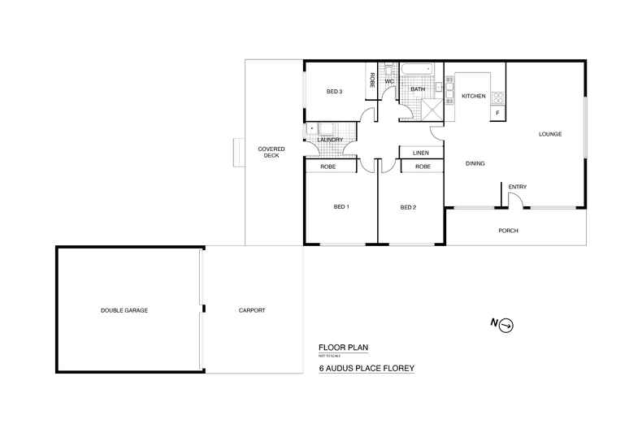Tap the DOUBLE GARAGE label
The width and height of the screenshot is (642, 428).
[124, 310]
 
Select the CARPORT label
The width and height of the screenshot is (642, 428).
[252, 310]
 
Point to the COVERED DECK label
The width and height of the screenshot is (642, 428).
[269, 152]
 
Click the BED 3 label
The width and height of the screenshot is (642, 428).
[334, 92]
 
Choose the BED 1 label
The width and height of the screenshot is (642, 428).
[341, 206]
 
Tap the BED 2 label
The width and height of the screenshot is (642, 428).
[408, 206]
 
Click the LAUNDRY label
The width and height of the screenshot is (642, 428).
[330, 140]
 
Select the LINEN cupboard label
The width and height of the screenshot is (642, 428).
[421, 153]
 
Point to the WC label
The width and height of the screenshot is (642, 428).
[389, 81]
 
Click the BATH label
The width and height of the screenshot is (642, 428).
[418, 89]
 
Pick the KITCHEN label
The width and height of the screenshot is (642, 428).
[473, 96]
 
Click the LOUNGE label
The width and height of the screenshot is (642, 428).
[550, 134]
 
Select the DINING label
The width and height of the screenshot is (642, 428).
[475, 164]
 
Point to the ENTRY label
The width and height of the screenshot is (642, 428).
[517, 188]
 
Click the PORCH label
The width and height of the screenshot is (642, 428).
[508, 231]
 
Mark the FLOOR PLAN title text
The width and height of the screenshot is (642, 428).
[343, 348]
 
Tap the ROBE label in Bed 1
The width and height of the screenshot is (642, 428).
[329, 166]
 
